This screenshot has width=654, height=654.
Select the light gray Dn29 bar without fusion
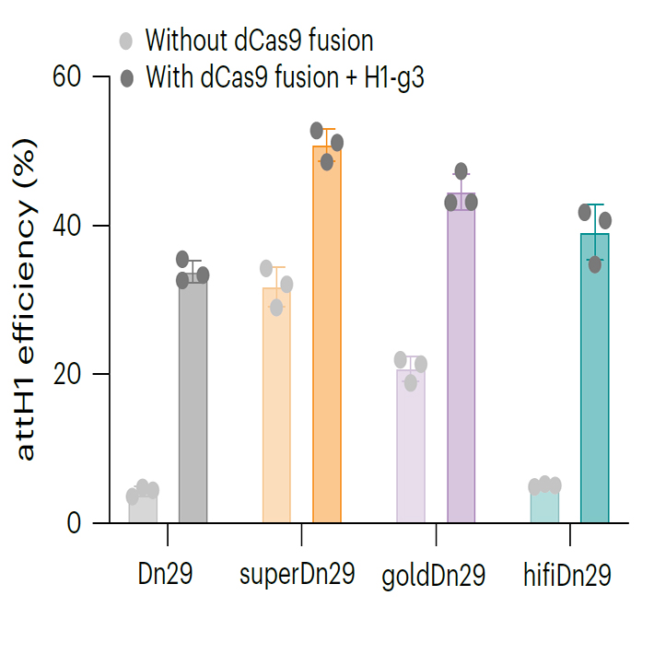pyautogui.click(x=143, y=509)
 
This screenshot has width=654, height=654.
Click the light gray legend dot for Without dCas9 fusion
pyautogui.click(x=126, y=41)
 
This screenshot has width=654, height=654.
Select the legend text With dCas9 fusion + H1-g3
pyautogui.click(x=285, y=76)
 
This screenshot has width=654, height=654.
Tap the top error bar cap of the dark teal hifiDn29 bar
pyautogui.click(x=594, y=204)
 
